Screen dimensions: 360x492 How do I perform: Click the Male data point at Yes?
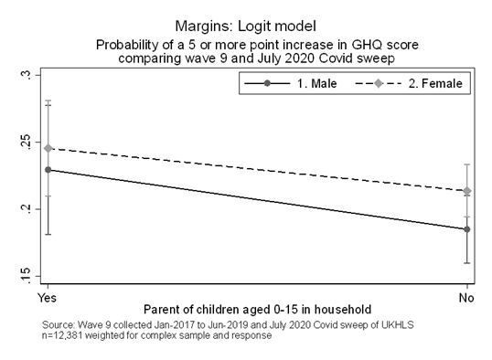[x=48, y=170]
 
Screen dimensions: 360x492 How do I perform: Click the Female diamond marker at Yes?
[x=48, y=148]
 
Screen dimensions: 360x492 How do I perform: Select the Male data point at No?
[x=467, y=229]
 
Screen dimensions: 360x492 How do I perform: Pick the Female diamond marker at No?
[x=467, y=191]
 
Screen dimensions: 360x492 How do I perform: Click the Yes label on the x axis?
[x=43, y=298]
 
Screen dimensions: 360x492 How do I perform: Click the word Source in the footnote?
[x=58, y=325]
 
